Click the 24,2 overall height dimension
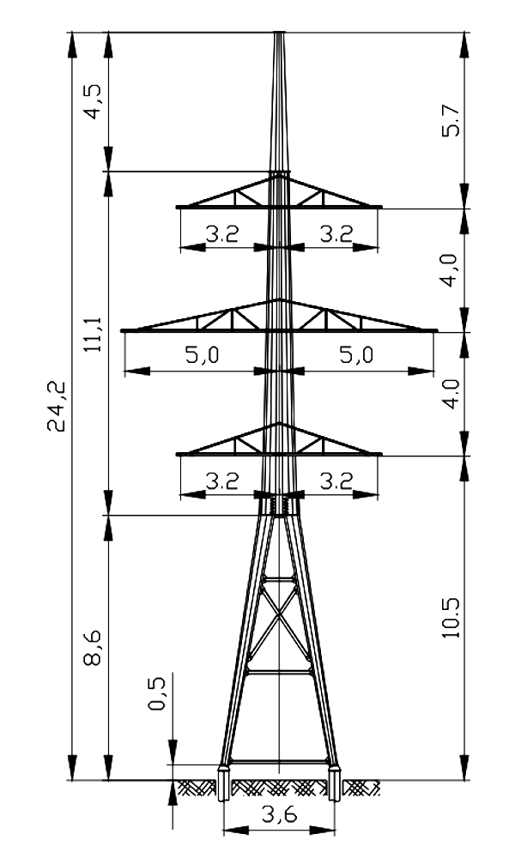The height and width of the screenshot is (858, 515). pyautogui.click(x=56, y=407)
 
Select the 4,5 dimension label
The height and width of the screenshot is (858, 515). pyautogui.click(x=92, y=102)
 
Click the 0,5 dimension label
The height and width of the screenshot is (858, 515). pyautogui.click(x=157, y=693)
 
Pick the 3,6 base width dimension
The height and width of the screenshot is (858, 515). pyautogui.click(x=279, y=814)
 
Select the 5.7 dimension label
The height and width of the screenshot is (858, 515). pyautogui.click(x=452, y=120)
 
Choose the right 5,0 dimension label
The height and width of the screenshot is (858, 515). pyautogui.click(x=356, y=354)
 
